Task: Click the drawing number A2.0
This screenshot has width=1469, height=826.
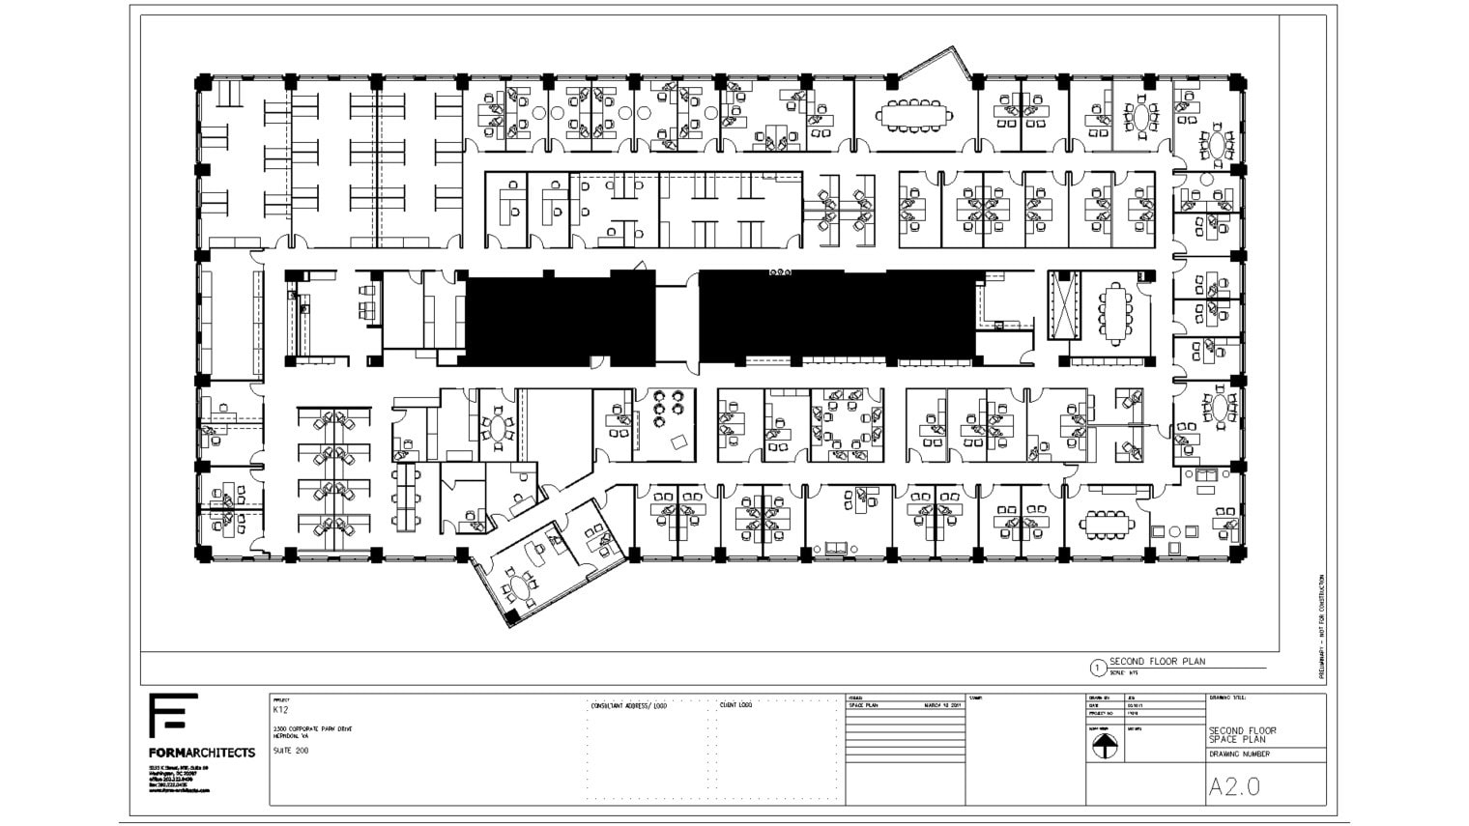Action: pyautogui.click(x=1234, y=786)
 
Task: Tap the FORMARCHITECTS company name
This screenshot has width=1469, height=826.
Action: pyautogui.click(x=202, y=752)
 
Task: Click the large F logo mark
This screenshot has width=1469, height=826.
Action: pyautogui.click(x=173, y=716)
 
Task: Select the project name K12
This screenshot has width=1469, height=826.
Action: pyautogui.click(x=280, y=710)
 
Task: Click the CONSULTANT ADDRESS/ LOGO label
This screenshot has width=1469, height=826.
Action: pyautogui.click(x=628, y=706)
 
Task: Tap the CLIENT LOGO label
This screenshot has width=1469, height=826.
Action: pyautogui.click(x=735, y=705)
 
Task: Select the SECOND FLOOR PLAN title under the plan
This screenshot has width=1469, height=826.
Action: pyautogui.click(x=1157, y=662)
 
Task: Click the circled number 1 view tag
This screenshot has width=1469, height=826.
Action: pyautogui.click(x=1097, y=667)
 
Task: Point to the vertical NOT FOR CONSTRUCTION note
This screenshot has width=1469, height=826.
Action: pyautogui.click(x=1321, y=627)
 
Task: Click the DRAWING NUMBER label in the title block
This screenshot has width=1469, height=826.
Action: pyautogui.click(x=1239, y=754)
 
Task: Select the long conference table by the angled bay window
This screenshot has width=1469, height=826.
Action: pyautogui.click(x=914, y=115)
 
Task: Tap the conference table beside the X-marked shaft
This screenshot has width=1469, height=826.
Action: pyautogui.click(x=1117, y=312)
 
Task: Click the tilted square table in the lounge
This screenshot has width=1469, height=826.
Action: pyautogui.click(x=679, y=441)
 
